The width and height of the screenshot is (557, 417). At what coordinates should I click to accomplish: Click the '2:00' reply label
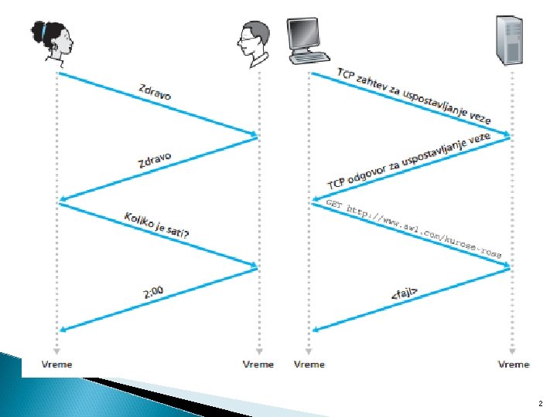pyautogui.click(x=155, y=292)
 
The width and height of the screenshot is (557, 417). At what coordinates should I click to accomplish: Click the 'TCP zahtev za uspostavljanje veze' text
pyautogui.click(x=414, y=97)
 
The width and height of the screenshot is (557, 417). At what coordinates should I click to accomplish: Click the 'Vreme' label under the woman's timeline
pyautogui.click(x=56, y=364)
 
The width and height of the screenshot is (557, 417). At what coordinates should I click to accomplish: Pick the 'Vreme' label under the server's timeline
pyautogui.click(x=514, y=364)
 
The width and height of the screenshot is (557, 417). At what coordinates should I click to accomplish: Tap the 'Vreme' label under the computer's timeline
pyautogui.click(x=309, y=364)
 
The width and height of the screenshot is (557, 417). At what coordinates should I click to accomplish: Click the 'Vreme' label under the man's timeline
pyautogui.click(x=258, y=364)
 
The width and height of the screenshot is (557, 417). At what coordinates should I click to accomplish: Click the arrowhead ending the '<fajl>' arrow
pyautogui.click(x=315, y=330)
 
